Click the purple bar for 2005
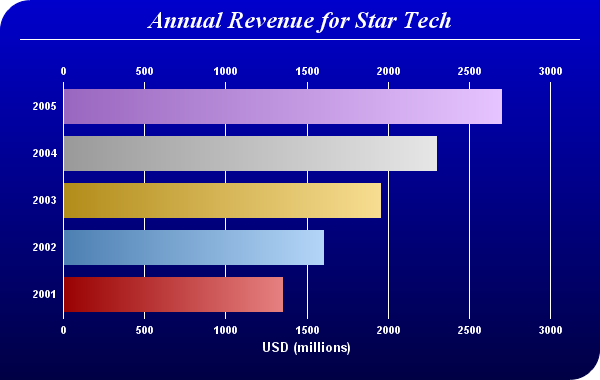283,106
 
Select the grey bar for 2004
250,153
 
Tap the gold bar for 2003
222,201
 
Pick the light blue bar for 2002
194,248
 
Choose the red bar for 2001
173,294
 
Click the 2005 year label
44,106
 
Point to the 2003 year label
44,201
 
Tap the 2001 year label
44,295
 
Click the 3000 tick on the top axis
551,71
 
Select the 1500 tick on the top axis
307,71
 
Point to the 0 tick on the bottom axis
64,330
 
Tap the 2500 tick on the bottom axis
470,330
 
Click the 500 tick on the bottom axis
145,330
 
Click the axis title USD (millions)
307,347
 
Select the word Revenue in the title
271,20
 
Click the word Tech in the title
427,20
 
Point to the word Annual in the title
185,20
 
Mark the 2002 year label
44,248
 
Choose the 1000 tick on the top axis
225,71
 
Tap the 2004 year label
44,153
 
